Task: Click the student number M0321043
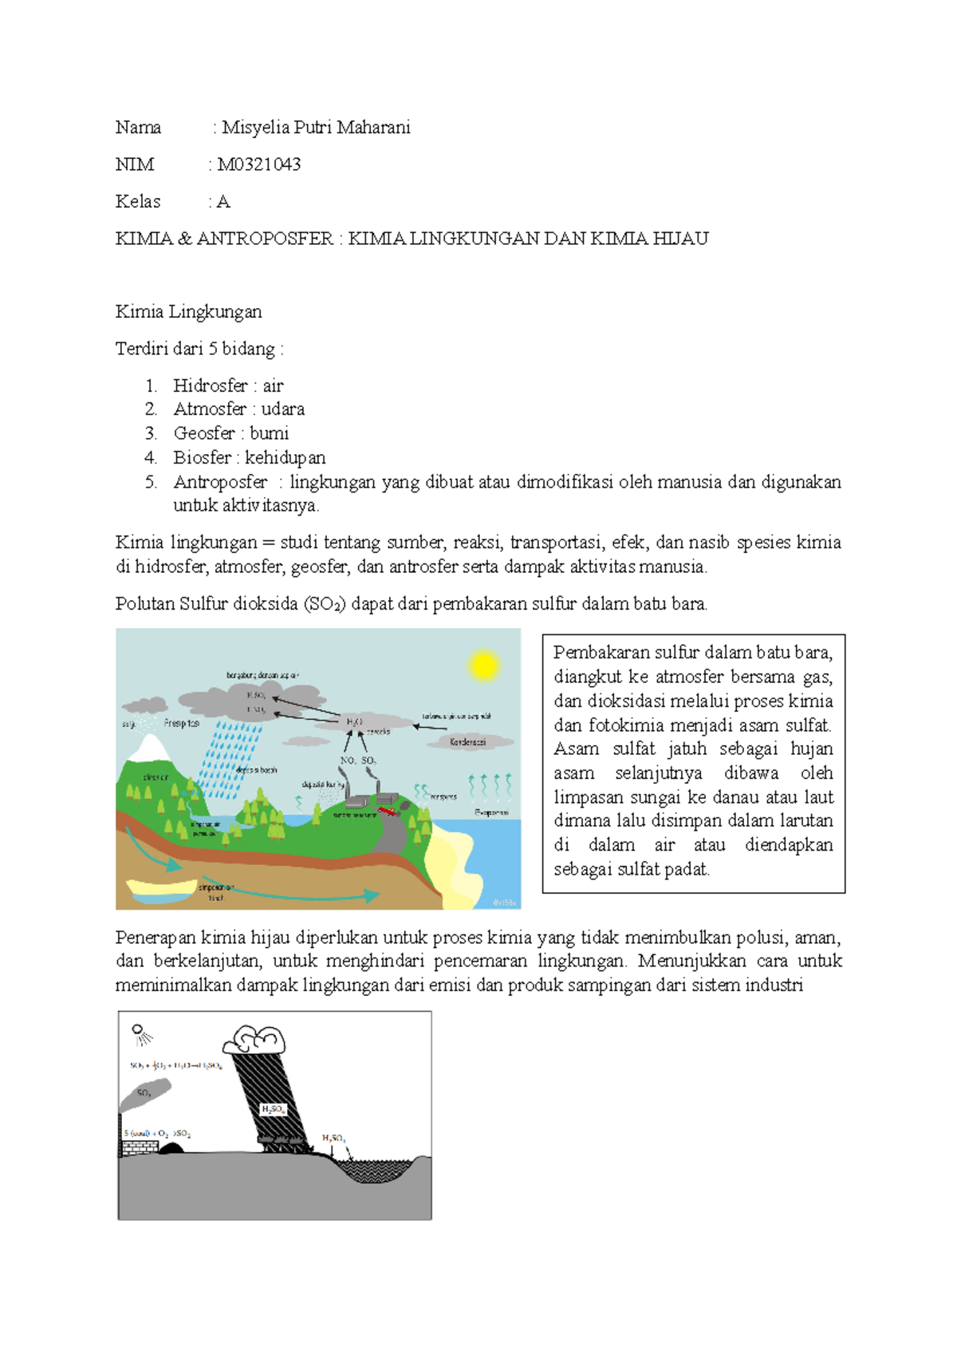point(259,164)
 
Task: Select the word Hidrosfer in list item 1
point(211,385)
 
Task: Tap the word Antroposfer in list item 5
point(220,482)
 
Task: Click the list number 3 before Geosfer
point(151,433)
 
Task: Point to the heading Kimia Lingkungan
point(188,311)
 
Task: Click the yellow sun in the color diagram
point(483,665)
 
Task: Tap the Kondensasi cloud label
point(468,742)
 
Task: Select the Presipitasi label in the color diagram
point(182,723)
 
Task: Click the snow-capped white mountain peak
point(148,749)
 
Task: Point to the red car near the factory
point(388,811)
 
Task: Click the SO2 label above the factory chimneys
point(368,760)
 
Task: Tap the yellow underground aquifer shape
point(161,887)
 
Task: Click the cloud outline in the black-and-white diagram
point(254,1039)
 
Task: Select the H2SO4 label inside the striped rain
point(273,1109)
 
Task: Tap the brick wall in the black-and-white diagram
point(140,1148)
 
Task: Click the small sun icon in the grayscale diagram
point(141,1033)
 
